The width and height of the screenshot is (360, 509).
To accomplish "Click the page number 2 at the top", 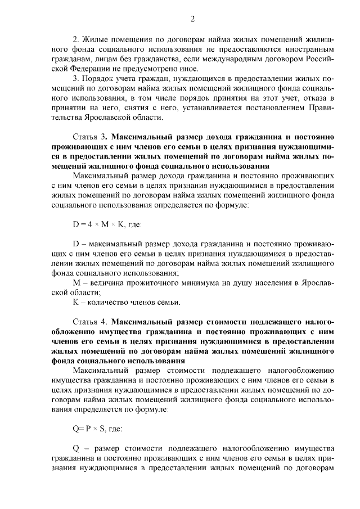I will [x=192, y=19].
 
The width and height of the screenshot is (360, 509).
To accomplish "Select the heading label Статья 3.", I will [x=89, y=137].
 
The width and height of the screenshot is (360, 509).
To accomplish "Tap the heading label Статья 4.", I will [x=89, y=322].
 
